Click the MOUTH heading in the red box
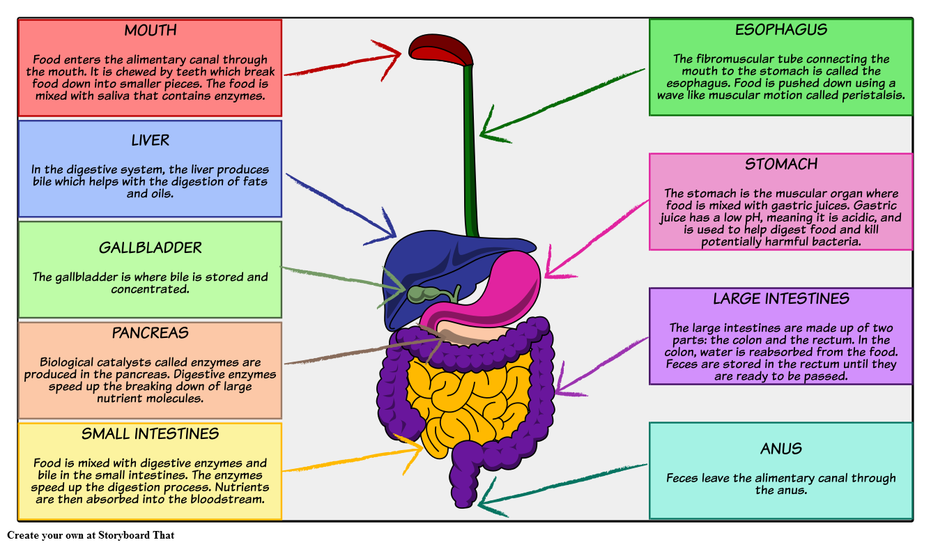[x=150, y=31]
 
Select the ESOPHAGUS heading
[x=780, y=30]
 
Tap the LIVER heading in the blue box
[x=150, y=141]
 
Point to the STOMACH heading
[x=780, y=164]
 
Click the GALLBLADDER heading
[x=150, y=248]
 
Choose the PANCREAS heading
[x=150, y=333]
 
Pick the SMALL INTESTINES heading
[x=150, y=434]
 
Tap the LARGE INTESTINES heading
[x=780, y=299]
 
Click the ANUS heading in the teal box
[x=780, y=449]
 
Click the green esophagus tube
[x=470, y=139]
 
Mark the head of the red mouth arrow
[x=400, y=52]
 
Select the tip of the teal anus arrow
[x=481, y=501]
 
